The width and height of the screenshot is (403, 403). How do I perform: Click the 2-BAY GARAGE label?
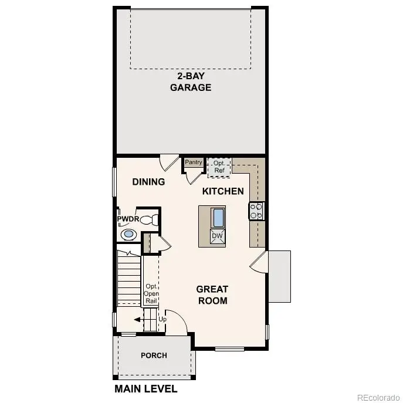point(191,82)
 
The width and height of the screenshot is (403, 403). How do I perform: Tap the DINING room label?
point(148,182)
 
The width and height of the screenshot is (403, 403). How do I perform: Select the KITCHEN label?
point(223,191)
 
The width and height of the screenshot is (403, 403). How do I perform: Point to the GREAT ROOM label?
point(212,294)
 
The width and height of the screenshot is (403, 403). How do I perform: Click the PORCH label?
point(154,355)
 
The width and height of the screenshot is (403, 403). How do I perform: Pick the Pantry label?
point(194,162)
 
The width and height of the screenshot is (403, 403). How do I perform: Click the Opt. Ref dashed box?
point(219,167)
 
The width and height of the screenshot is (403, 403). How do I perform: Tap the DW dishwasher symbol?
point(217,236)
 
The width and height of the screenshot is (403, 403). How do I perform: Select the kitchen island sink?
point(218,218)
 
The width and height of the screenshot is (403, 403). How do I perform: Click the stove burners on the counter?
point(256,211)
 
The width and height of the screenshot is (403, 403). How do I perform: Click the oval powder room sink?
point(128,235)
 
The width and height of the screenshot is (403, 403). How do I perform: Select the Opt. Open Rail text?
point(151,293)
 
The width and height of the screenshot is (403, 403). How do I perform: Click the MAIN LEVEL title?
point(145,388)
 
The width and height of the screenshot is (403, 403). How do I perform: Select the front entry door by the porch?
point(177,324)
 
